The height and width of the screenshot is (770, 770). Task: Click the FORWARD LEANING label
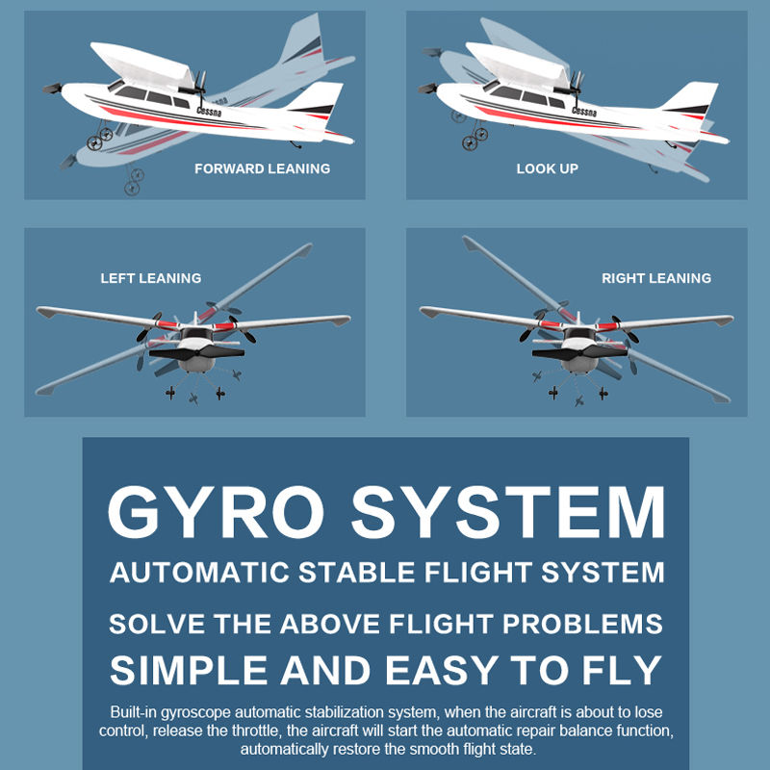coord(262,169)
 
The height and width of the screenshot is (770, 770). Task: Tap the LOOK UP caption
coord(547,169)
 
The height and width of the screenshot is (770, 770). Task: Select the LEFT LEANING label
coord(151,278)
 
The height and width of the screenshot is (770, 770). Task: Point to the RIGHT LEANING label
coord(656,278)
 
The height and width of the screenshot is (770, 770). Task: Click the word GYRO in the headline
coord(216,512)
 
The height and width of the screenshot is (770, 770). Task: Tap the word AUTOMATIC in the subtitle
coord(199,573)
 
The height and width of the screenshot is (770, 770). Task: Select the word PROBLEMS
coord(582,624)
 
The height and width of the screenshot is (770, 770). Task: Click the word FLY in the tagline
coord(622,670)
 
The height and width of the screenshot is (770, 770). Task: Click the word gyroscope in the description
coord(195,713)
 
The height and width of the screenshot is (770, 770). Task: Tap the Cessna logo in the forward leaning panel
coord(209,112)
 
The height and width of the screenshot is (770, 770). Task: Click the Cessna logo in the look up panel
coord(584,112)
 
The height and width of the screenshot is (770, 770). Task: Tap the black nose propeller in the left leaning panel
coord(196,352)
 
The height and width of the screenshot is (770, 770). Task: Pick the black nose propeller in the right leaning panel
coord(579,352)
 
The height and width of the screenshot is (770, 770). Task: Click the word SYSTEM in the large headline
coord(508,512)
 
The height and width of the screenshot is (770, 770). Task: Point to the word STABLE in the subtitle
coord(357,573)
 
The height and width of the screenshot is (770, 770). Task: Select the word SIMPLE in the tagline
coord(189,670)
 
